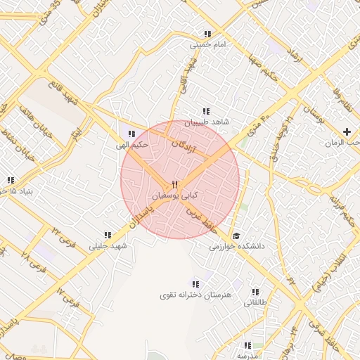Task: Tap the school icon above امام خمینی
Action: [x=207, y=34]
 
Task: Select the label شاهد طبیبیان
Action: [x=207, y=122]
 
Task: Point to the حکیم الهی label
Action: [x=132, y=146]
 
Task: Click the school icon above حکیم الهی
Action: [x=130, y=134]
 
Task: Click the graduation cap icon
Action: [x=236, y=236]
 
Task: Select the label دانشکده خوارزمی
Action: [x=236, y=247]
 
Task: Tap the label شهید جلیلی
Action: [x=106, y=246]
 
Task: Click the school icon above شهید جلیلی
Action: [x=108, y=236]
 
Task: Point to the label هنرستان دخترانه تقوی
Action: [x=198, y=296]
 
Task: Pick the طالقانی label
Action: [x=256, y=303]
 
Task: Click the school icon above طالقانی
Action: [x=255, y=292]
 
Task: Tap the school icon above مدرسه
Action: [x=247, y=345]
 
